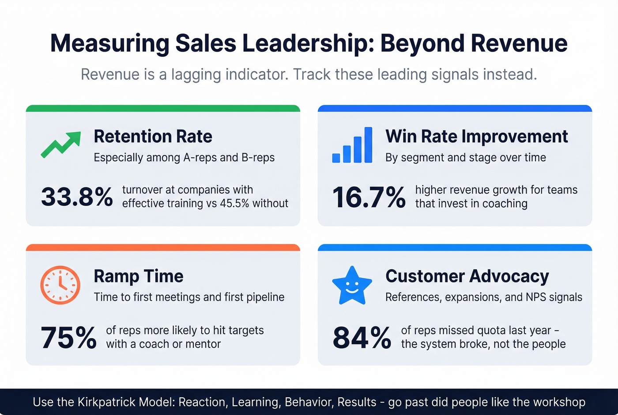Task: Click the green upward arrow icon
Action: [61, 144]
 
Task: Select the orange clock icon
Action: [60, 285]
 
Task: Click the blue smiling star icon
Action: [352, 286]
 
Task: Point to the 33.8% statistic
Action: [77, 197]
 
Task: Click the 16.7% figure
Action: [369, 197]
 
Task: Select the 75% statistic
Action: [68, 338]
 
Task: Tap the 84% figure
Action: [362, 338]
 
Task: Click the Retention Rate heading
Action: [153, 136]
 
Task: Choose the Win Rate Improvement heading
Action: [476, 136]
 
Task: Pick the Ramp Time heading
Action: [138, 276]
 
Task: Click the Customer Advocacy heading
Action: [467, 276]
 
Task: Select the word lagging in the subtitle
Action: [196, 74]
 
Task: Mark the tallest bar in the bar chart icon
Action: [368, 145]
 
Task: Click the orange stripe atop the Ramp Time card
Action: [163, 247]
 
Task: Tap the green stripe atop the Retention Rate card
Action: [163, 108]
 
